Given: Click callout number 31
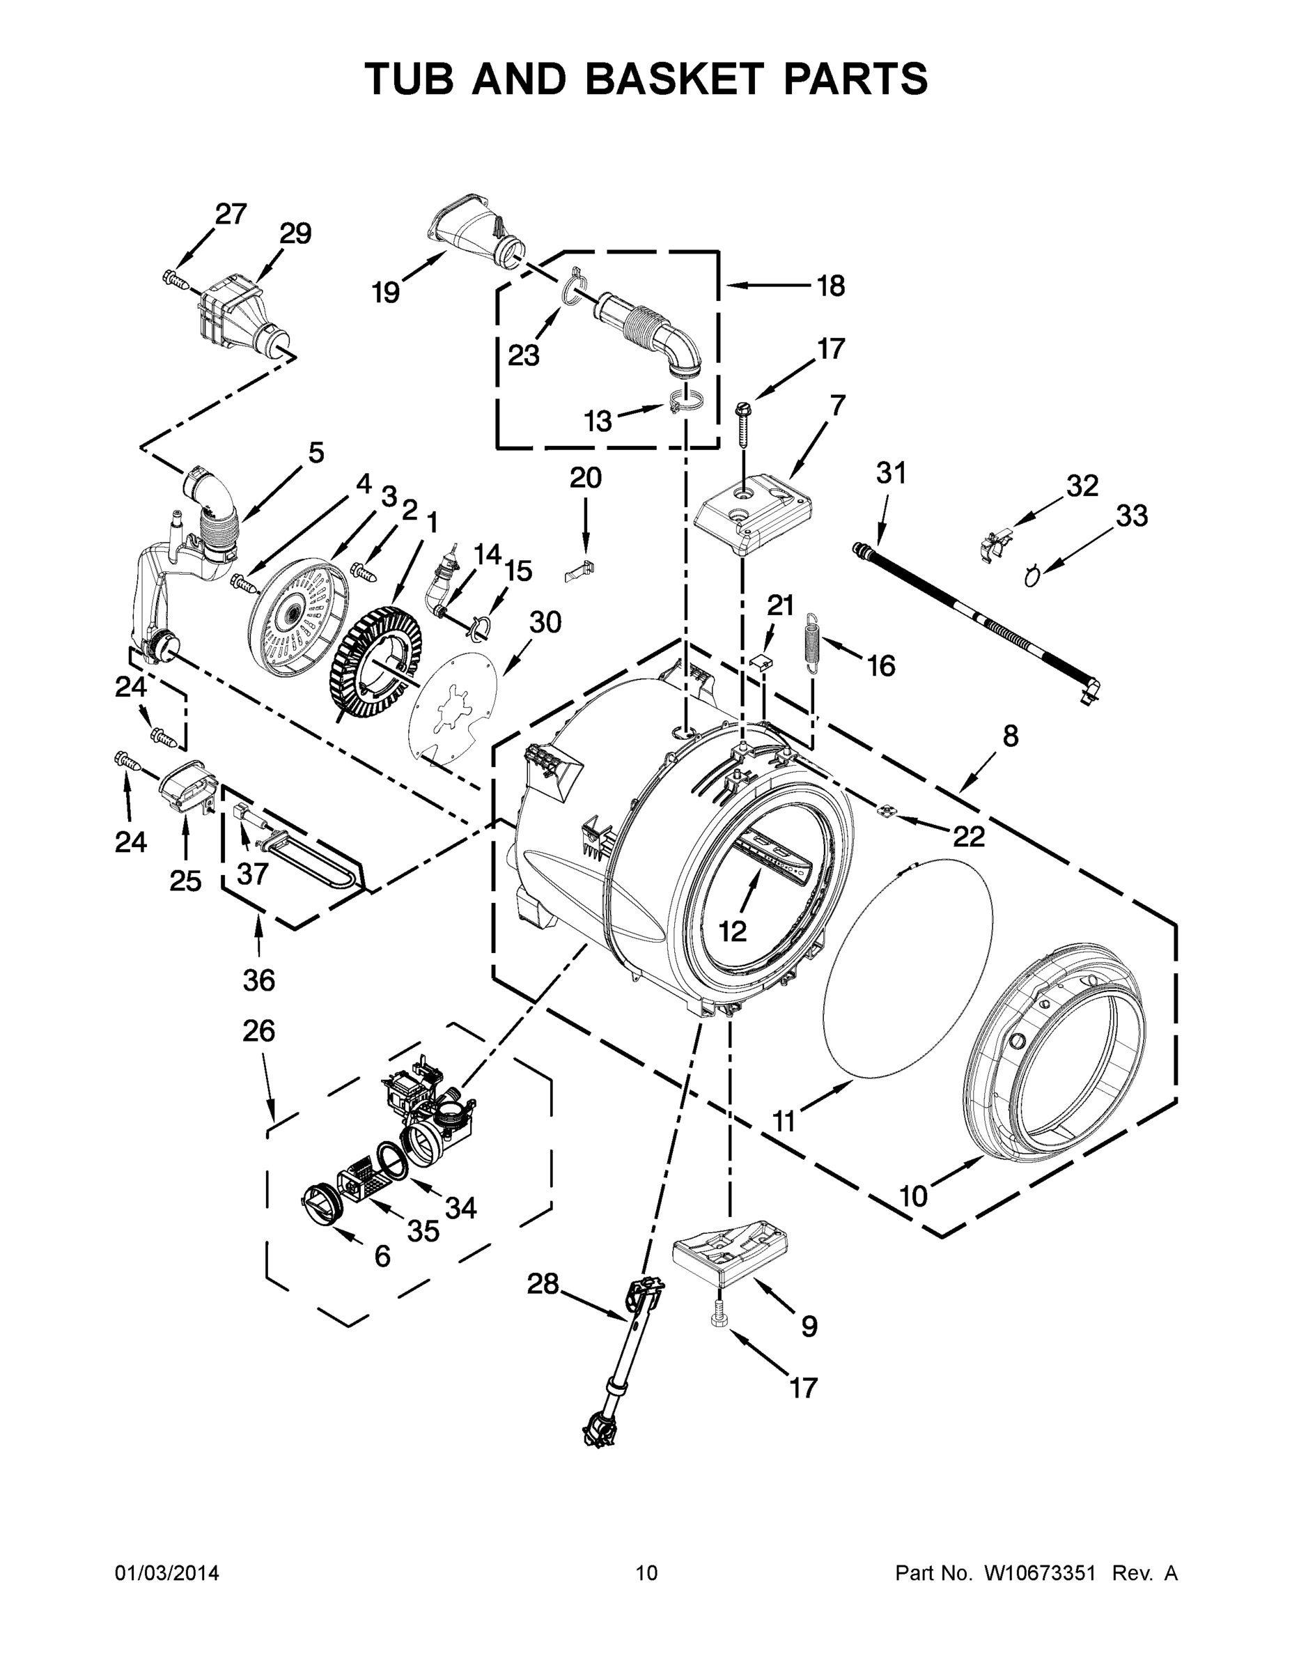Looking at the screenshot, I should [891, 473].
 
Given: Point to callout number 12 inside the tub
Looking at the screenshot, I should [732, 931].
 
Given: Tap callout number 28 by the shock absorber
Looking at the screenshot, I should [543, 1283].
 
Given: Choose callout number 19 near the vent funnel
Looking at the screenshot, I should [387, 292].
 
